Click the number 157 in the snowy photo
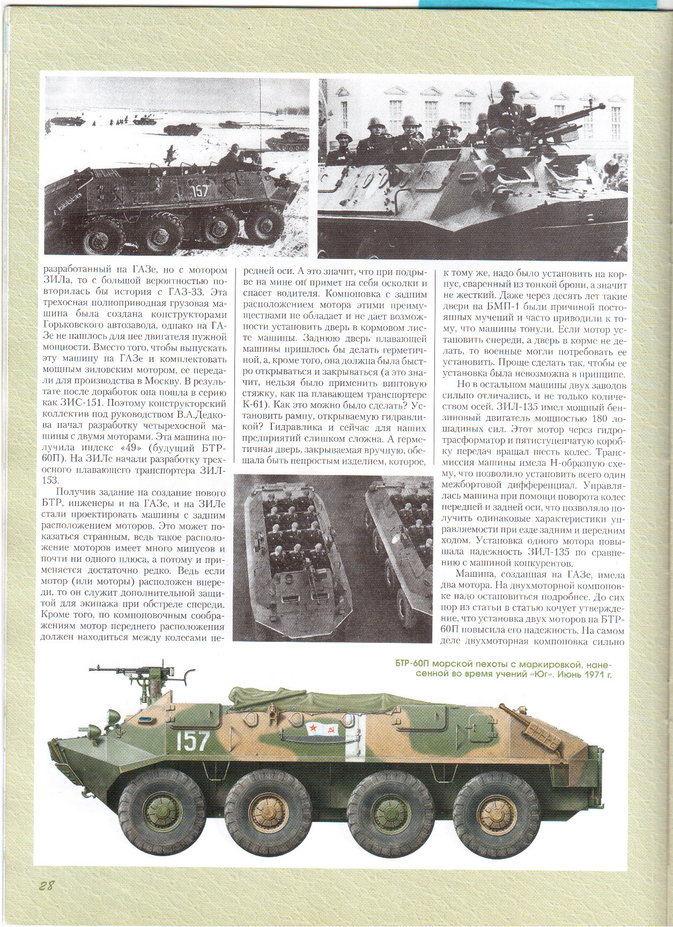(199, 191)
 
